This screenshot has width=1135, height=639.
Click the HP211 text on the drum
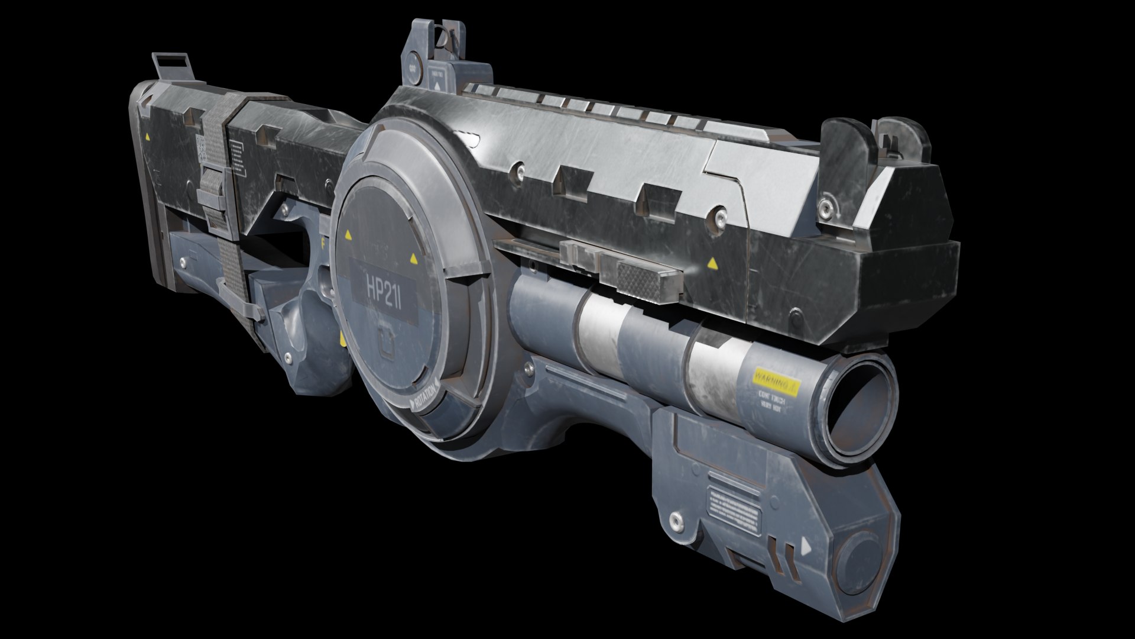[x=384, y=289]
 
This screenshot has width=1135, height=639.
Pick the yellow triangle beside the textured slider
[x=712, y=263]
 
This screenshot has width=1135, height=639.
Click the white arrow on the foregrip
[x=805, y=547]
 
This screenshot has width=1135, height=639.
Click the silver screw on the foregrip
[x=675, y=521]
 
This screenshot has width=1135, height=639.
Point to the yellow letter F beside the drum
[x=323, y=242]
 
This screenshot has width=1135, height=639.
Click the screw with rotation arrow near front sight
[x=825, y=208]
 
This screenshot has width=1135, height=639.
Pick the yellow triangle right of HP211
[x=413, y=259]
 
